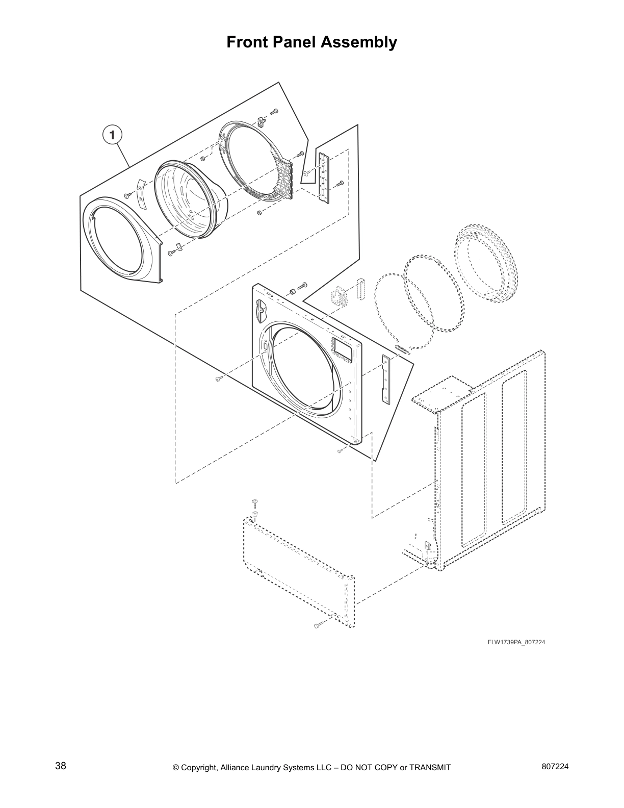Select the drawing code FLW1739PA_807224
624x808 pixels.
pyautogui.click(x=516, y=642)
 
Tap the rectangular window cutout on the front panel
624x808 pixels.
pyautogui.click(x=342, y=350)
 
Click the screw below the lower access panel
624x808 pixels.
pyautogui.click(x=318, y=624)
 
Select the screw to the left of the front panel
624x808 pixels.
pyautogui.click(x=219, y=378)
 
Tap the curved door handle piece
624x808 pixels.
pyautogui.click(x=141, y=193)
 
